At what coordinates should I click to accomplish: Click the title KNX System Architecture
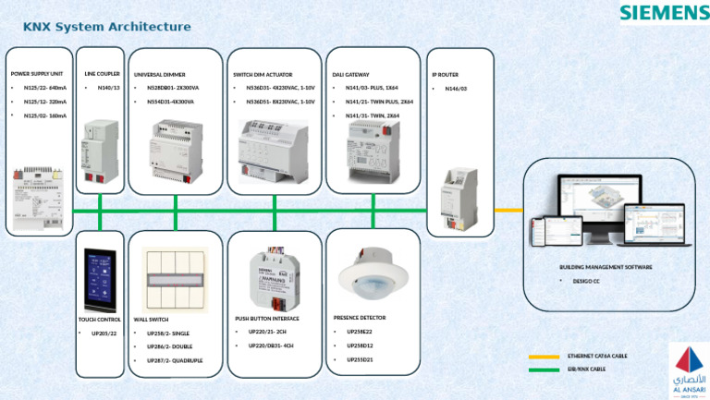pos(106,27)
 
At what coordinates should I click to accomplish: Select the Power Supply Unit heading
pos(37,72)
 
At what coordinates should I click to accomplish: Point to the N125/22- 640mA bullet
pos(44,88)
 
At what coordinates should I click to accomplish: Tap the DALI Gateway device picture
pos(373,149)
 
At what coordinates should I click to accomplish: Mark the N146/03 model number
pos(456,89)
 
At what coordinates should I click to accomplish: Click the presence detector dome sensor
pos(373,276)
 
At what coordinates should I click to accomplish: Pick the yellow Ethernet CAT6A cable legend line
pos(545,356)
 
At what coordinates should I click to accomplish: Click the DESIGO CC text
pos(586,280)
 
